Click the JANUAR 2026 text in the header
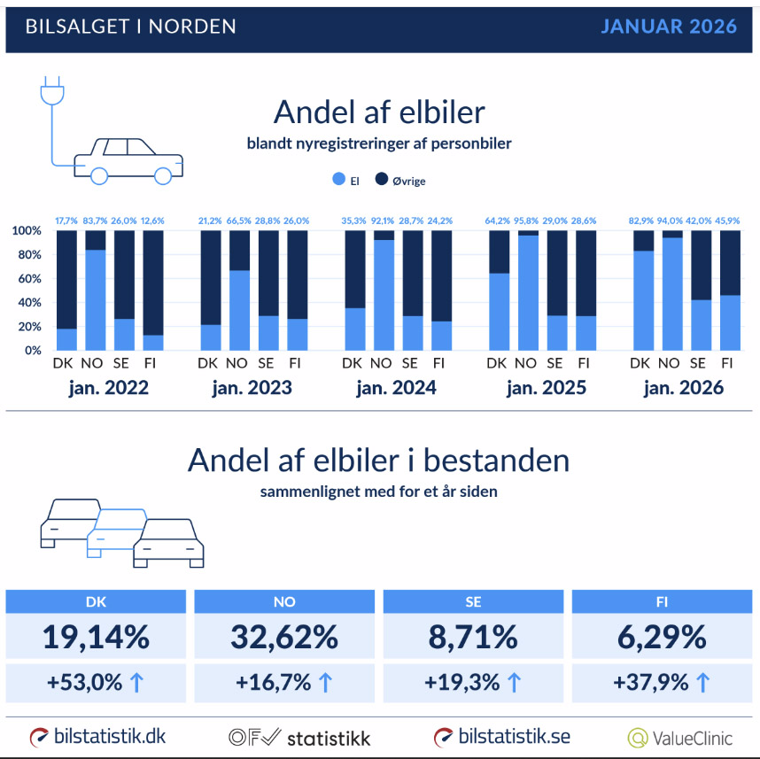[669, 27]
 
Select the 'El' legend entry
[345, 180]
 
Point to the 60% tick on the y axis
[27, 278]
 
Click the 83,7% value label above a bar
[95, 221]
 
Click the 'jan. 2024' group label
[395, 388]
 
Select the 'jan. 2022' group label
[107, 388]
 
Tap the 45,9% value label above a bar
[727, 221]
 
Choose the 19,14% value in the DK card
[96, 637]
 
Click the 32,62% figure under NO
[286, 637]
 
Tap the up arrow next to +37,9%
[702, 683]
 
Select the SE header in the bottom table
[474, 601]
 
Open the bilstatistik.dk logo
[97, 737]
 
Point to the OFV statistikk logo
[299, 737]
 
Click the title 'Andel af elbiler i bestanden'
[378, 461]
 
